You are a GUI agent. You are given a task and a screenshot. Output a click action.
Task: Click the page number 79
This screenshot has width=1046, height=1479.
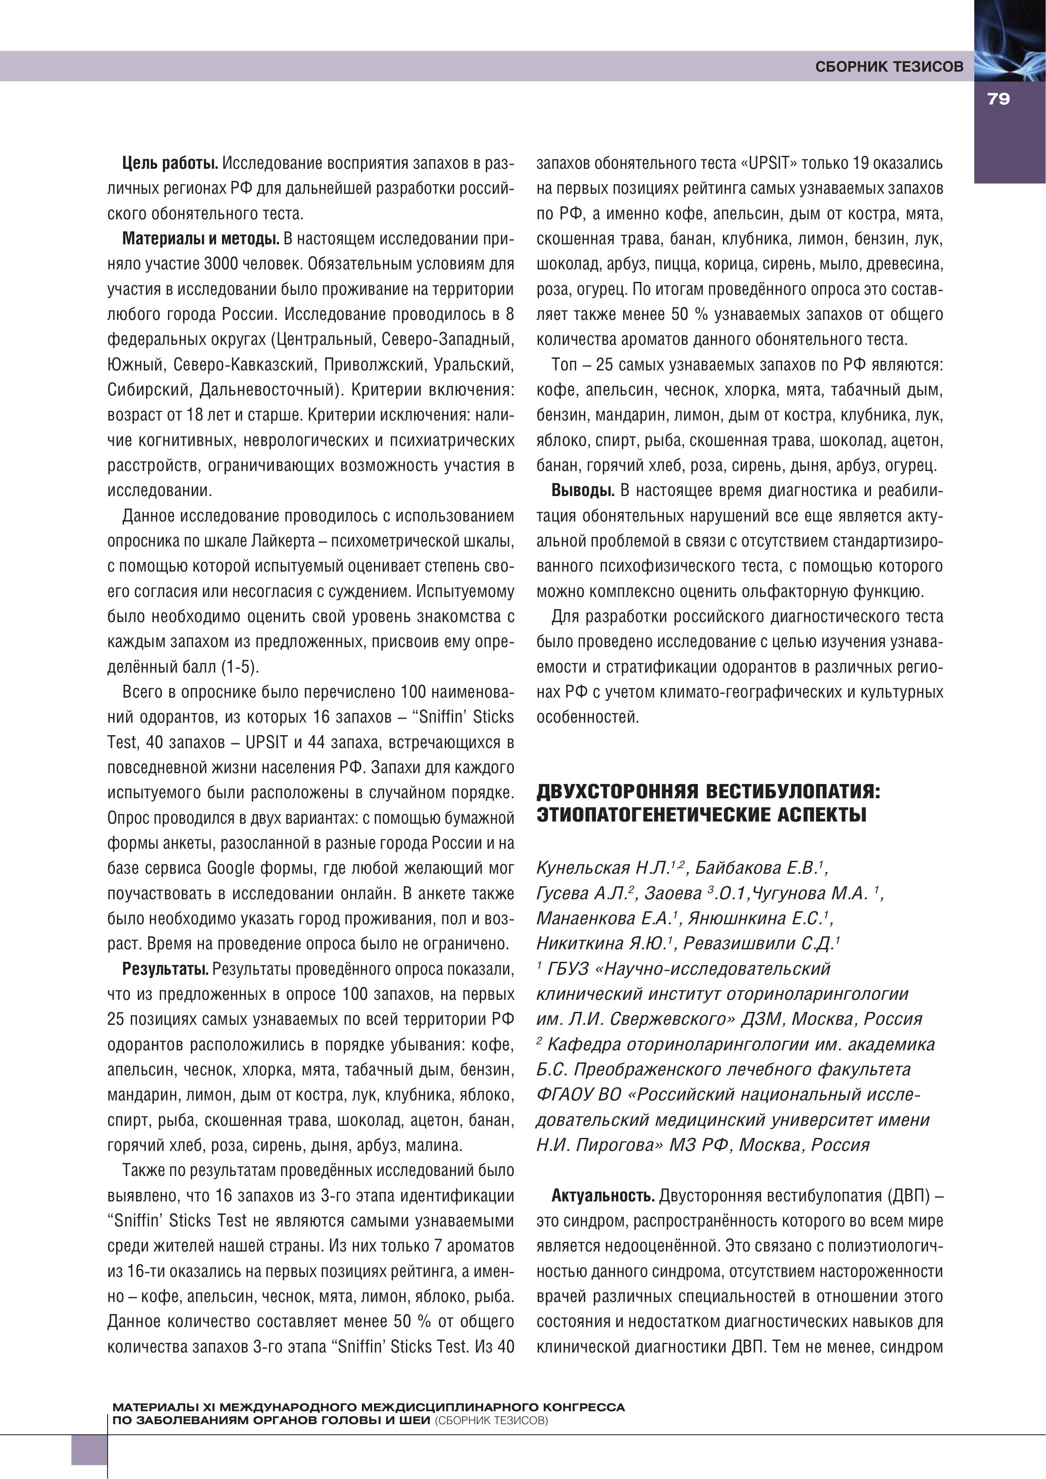pos(998,99)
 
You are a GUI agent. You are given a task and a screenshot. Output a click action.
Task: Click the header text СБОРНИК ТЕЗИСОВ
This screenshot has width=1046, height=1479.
pos(889,66)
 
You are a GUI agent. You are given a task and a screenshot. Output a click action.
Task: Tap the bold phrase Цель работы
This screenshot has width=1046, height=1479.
pos(170,164)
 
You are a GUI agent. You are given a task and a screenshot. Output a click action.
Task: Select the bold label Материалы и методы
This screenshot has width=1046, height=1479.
pos(200,239)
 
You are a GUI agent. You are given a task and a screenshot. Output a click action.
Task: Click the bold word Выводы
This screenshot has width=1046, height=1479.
pos(583,491)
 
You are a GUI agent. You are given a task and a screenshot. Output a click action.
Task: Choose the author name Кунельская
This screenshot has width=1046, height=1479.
pos(583,868)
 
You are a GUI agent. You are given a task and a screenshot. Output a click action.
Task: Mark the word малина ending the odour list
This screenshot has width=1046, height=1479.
pos(440,1145)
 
